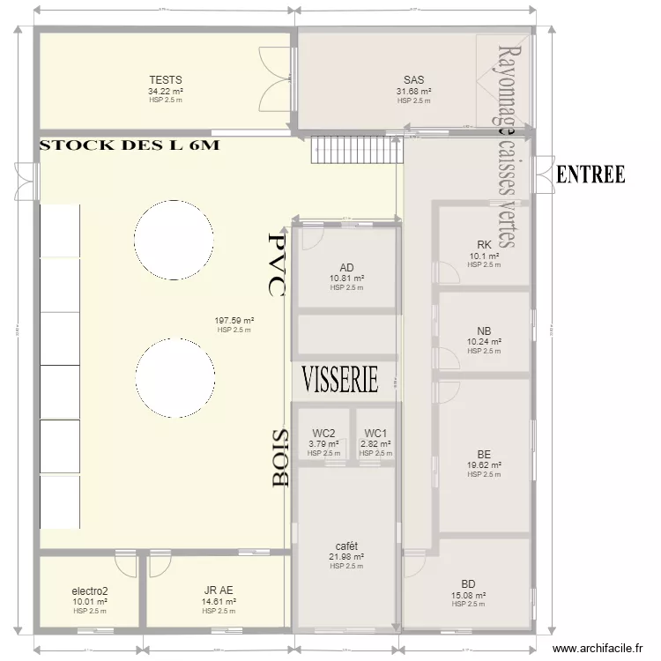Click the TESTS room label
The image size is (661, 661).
[x=166, y=80]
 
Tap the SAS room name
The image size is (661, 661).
[x=413, y=80]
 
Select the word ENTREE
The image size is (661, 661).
[x=590, y=175]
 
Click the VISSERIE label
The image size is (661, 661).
[x=340, y=379]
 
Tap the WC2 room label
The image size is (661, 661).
[x=323, y=433]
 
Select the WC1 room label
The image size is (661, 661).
[x=375, y=433]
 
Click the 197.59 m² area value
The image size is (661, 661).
[x=234, y=321]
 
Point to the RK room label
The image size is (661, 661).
[x=484, y=245]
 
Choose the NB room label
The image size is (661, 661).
[x=484, y=330]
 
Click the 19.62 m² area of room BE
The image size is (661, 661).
[x=484, y=465]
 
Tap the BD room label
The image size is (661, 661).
[x=468, y=583]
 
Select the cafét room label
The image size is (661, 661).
[x=346, y=546]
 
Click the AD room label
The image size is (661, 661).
[x=346, y=267]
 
